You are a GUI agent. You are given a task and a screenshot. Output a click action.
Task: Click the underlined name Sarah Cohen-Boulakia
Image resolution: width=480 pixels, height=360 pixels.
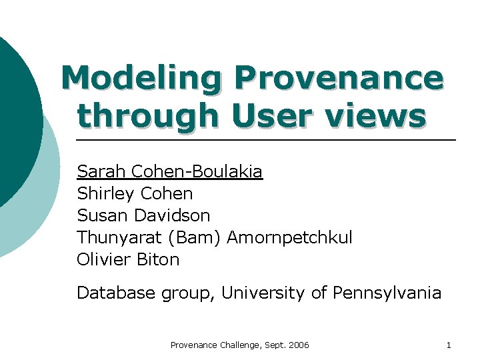pos(170,172)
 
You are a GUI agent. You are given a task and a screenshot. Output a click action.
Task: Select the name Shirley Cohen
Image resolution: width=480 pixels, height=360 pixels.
pos(135,194)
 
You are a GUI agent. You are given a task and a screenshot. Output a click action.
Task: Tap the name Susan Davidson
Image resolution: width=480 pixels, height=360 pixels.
pos(143,216)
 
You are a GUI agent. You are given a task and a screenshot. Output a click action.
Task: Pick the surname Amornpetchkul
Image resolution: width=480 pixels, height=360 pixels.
pos(290,238)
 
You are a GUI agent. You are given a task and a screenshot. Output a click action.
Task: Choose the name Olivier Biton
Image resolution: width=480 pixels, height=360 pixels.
pos(128,260)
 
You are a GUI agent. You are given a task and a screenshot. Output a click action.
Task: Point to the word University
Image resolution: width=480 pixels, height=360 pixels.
pos(267,293)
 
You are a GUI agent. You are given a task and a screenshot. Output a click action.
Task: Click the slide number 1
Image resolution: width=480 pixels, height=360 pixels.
pos(449,345)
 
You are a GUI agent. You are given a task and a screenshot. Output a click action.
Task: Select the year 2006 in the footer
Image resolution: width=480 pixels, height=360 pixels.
pos(298,345)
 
